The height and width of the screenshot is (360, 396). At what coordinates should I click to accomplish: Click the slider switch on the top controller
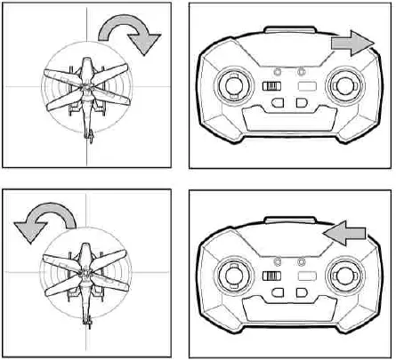click(x=271, y=87)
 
